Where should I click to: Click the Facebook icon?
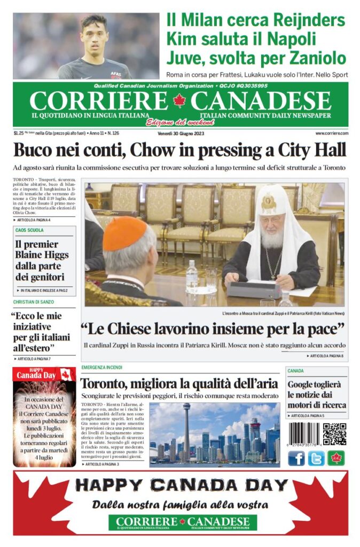[296, 458]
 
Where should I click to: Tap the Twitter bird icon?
[316, 458]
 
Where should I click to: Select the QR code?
[334, 434]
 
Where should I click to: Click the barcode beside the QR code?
[304, 434]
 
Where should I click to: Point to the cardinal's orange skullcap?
[124, 233]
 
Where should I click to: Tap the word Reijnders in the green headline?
[310, 21]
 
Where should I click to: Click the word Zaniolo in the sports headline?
[319, 57]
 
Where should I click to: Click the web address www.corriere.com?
[331, 133]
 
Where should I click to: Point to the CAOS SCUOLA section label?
[29, 230]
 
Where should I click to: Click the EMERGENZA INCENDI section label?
[102, 368]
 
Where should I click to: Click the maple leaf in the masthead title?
[179, 100]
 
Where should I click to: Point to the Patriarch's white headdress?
[272, 203]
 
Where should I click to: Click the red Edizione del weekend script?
[174, 121]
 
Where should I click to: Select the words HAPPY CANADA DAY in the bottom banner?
[181, 485]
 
